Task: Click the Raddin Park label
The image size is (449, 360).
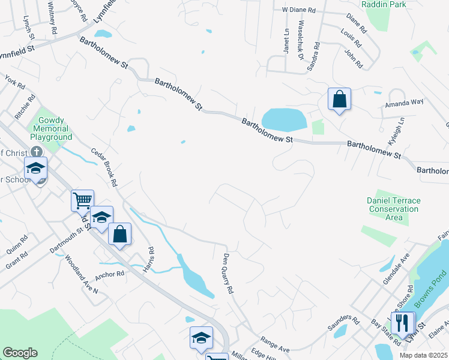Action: point(384,4)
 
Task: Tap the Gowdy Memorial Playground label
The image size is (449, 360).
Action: point(51,128)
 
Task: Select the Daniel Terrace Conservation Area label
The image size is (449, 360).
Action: point(394,209)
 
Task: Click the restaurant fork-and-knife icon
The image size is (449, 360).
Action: point(404,322)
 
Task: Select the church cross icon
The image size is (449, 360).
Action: point(36,152)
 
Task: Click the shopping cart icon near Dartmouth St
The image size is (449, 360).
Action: point(82,200)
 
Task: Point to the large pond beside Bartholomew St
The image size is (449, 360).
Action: point(284,119)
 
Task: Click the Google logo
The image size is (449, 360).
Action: point(19,353)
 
